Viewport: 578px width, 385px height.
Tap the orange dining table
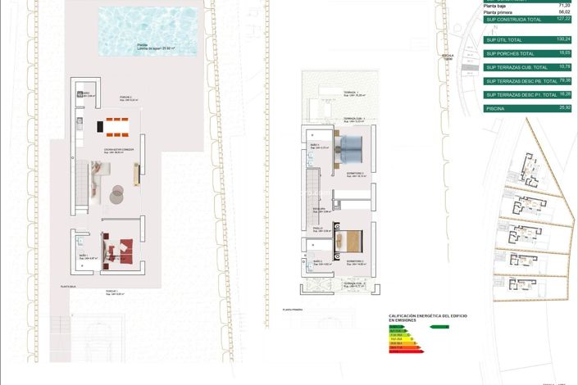pos(113,125)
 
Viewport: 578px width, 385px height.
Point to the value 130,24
pos(563,38)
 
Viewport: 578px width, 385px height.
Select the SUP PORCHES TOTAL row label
pos(510,53)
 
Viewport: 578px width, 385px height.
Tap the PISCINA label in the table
pos(495,108)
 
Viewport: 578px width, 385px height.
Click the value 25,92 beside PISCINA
pos(563,107)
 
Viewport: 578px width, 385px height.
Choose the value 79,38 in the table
pos(563,80)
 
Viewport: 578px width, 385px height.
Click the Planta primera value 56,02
pos(563,12)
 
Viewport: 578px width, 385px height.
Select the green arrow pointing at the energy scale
pos(439,326)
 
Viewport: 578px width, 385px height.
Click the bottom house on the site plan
pos(523,286)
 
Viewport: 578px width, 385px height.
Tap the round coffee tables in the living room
pos(116,193)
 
